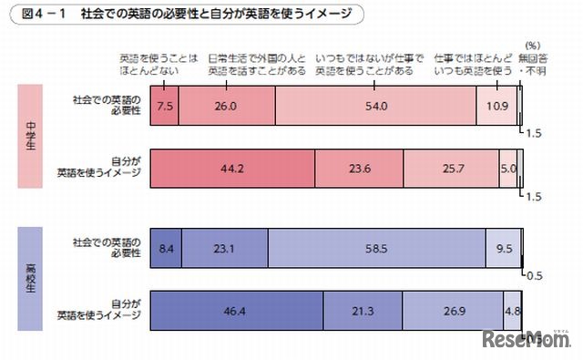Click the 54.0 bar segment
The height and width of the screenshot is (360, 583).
(369, 106)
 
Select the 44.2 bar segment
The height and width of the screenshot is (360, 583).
(231, 169)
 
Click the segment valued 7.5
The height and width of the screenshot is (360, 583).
(164, 106)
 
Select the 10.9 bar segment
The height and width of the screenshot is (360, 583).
(496, 106)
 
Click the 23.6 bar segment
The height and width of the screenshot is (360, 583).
(359, 169)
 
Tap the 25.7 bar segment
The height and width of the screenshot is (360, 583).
(450, 169)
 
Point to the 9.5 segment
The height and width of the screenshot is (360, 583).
(501, 247)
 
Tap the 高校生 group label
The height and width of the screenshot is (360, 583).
(30, 278)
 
